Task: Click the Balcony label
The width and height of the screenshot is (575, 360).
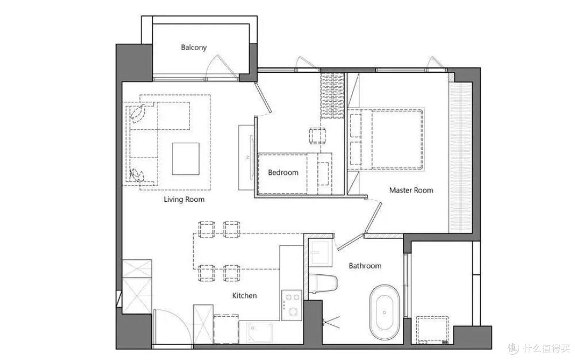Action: point(194,47)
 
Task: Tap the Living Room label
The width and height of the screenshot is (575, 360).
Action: point(184,199)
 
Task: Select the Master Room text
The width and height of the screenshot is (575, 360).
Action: point(411,190)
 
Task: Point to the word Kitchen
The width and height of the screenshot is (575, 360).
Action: point(244,296)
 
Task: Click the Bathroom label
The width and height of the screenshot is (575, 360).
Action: point(365,266)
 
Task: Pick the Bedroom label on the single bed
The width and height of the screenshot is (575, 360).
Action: point(283,173)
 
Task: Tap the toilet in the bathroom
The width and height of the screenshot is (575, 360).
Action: point(323,284)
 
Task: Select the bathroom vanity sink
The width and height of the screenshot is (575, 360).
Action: point(321,252)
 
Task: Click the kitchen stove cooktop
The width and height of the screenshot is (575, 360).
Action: point(292,304)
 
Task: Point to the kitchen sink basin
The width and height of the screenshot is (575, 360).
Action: point(259,333)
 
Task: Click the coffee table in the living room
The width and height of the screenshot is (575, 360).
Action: point(186,159)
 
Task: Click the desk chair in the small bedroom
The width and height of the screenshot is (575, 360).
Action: point(317,135)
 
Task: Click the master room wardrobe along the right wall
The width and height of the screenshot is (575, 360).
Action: point(461,158)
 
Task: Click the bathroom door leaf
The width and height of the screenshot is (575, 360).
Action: point(350,241)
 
